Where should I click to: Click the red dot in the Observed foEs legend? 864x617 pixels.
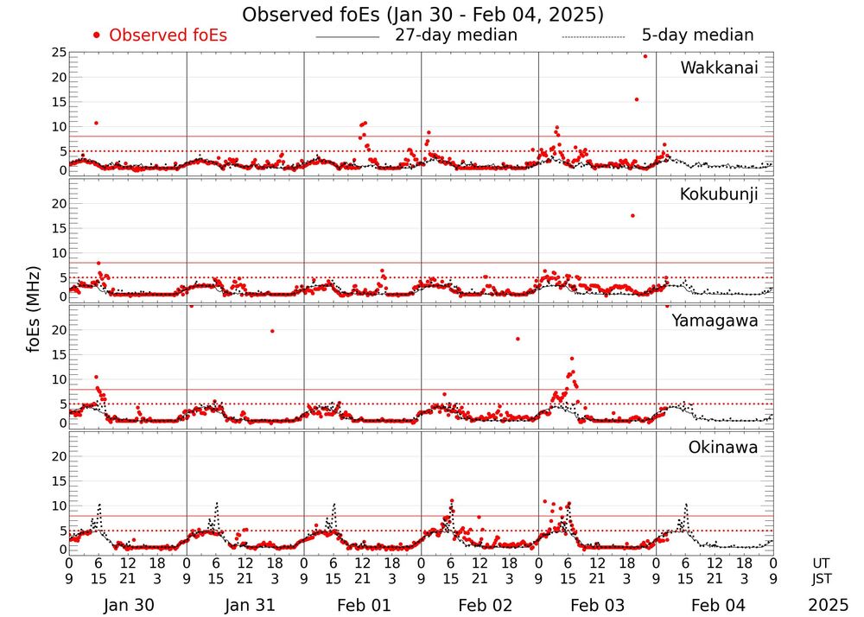(x=97, y=35)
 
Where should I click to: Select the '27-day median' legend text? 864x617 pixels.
(x=456, y=35)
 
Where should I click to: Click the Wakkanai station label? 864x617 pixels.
(x=719, y=67)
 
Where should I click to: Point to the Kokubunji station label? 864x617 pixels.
(x=718, y=194)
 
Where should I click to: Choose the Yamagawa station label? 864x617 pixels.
(x=715, y=321)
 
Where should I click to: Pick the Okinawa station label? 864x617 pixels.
(x=722, y=448)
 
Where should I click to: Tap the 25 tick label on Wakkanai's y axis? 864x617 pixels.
(x=59, y=53)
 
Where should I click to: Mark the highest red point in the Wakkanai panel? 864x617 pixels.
(x=645, y=56)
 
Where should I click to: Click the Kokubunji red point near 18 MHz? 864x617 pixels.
(x=632, y=215)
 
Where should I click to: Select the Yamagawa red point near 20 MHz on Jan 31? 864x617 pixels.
(x=272, y=331)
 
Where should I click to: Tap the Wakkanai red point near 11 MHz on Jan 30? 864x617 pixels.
(x=96, y=123)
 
